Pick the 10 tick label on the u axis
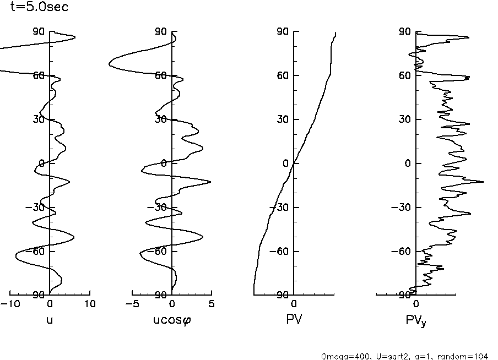coord(90,304)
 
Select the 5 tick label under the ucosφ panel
coord(212,304)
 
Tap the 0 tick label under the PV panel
coord(294,304)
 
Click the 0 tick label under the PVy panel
coord(416,304)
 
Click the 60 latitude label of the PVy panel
coord(405,75)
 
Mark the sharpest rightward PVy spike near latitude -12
coord(483,182)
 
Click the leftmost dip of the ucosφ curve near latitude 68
coord(110,64)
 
